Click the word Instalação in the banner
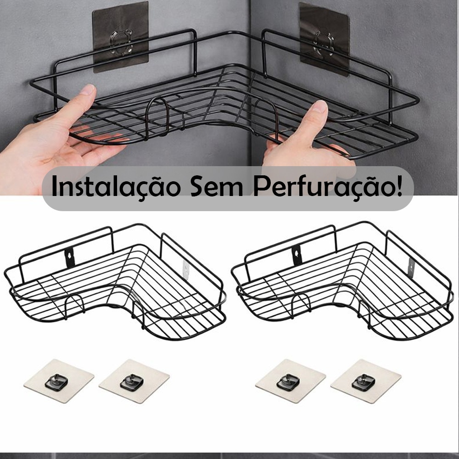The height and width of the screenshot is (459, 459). pos(116,186)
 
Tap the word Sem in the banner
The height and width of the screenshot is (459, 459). pos(217,186)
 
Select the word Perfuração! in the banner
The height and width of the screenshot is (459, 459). pos(328,186)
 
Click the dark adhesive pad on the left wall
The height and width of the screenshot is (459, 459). pos(121,37)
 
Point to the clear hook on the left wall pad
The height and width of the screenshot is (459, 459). pos(121,42)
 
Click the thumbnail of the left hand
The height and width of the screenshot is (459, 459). pos(88,90)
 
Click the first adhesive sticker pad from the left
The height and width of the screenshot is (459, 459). pos(59,381)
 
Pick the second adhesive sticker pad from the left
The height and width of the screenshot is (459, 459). pos(134,381)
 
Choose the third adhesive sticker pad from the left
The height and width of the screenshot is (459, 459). pos(291,381)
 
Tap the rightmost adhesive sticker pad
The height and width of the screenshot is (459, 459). pos(366,381)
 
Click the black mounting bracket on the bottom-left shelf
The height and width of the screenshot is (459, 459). pos(70,257)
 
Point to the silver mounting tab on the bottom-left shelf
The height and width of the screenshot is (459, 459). pos(186,269)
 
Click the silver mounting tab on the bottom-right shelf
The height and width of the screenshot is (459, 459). pos(412,268)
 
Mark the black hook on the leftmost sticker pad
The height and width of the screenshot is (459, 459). pos(56,382)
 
